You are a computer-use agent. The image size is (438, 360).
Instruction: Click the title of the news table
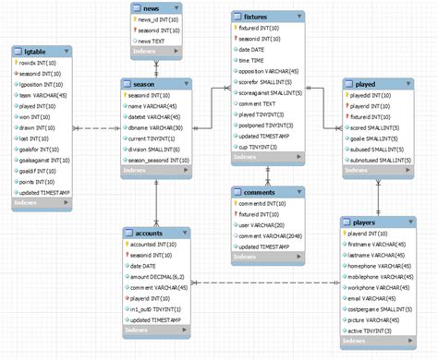pyautogui.click(x=150, y=8)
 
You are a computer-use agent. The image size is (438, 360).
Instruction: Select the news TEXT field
pyautogui.click(x=152, y=42)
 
